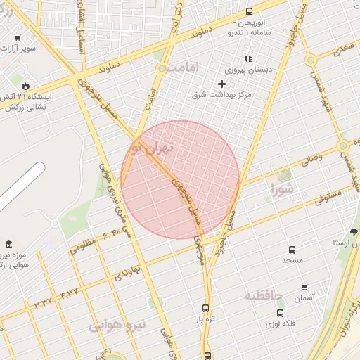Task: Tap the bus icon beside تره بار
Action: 205,308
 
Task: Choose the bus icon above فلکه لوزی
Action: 280,313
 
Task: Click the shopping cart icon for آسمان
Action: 304,287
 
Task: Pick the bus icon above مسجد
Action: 292,250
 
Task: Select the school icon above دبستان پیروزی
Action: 247,59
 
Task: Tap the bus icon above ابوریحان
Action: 250,11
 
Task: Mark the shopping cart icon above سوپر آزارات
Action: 18,38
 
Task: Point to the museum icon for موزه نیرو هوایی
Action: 8,244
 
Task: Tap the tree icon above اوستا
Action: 353,232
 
